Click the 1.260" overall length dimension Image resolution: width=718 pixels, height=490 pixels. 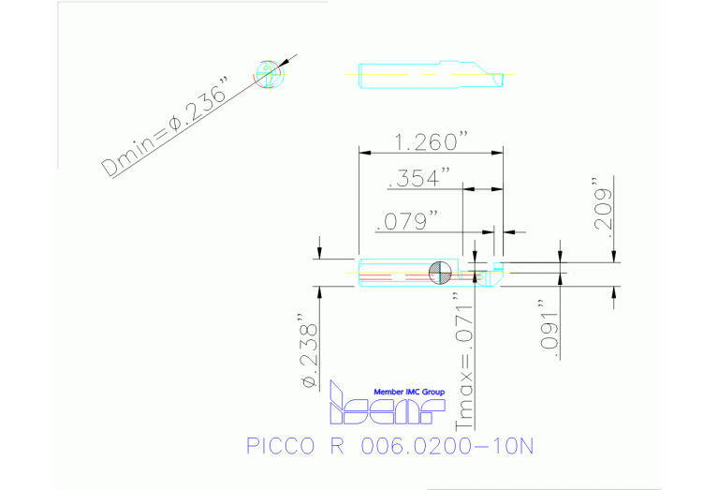pyautogui.click(x=431, y=141)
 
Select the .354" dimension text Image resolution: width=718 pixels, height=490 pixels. pyautogui.click(x=418, y=177)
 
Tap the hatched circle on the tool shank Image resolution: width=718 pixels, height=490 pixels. pyautogui.click(x=439, y=273)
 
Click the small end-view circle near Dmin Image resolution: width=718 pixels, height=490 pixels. pyautogui.click(x=268, y=76)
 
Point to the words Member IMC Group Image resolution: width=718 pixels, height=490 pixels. pyautogui.click(x=408, y=392)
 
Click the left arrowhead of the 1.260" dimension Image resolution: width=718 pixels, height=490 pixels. pyautogui.click(x=364, y=153)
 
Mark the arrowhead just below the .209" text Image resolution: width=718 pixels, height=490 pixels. pyautogui.click(x=615, y=256)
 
